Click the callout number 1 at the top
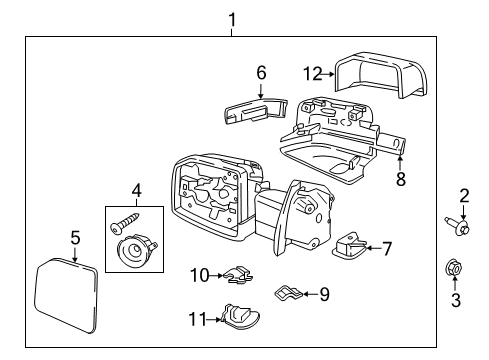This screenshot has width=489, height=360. [232, 20]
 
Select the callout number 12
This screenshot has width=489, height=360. [313, 74]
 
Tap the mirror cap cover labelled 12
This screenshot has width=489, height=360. [381, 75]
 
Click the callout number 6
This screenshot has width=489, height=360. [261, 73]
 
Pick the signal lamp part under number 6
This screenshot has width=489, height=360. [255, 110]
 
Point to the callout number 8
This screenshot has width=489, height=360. [401, 179]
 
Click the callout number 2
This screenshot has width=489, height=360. [464, 196]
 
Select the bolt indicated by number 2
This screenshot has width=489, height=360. [457, 226]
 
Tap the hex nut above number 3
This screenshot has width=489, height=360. [454, 269]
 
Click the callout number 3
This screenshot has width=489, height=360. [456, 300]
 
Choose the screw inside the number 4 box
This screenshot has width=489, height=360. [125, 222]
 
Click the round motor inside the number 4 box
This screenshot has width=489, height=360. [136, 250]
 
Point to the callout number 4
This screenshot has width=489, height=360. [136, 191]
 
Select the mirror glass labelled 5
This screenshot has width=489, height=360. [66, 296]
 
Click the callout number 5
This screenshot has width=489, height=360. [76, 238]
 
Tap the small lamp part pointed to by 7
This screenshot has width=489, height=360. [349, 246]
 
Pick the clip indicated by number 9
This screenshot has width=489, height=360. [288, 293]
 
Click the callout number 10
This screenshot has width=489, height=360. [199, 275]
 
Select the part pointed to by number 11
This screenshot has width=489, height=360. [240, 317]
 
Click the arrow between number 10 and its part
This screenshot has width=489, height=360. [216, 276]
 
